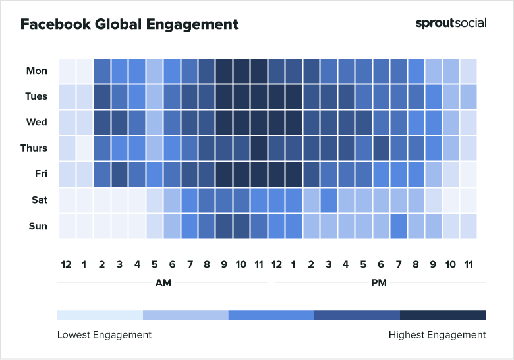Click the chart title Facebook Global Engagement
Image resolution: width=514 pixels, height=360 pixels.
point(129,25)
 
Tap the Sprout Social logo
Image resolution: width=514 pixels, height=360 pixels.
point(451,23)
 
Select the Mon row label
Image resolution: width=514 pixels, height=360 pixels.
point(37,71)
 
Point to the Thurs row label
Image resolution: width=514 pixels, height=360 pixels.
point(34,148)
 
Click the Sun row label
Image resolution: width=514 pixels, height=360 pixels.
point(38,226)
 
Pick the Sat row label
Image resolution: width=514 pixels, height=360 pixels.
point(38,200)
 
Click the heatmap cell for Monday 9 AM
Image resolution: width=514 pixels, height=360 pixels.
point(224,71)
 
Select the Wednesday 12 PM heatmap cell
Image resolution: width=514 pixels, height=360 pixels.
point(276,122)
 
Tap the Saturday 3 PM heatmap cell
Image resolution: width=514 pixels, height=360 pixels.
point(328,200)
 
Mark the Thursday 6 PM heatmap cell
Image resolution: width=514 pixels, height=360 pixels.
point(381,148)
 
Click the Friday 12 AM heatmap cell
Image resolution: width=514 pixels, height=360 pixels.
point(67,174)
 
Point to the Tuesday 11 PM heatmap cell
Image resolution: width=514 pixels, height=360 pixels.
point(468,96)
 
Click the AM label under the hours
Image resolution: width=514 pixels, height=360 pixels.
point(162,283)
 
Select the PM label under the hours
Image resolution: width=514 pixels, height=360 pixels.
point(379,283)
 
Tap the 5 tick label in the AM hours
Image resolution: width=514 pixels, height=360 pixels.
point(154,264)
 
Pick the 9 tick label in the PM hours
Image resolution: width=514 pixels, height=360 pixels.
point(433,264)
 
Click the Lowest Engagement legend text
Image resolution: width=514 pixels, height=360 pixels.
point(104,335)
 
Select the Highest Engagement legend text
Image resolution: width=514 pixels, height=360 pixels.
point(437,335)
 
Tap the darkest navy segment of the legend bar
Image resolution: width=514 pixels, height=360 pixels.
point(443,315)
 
